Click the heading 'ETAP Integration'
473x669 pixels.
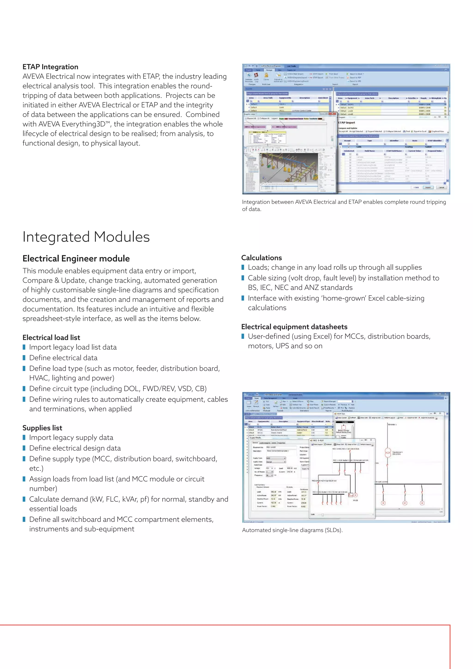coord(50,67)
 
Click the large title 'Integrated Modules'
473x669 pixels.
coord(86,237)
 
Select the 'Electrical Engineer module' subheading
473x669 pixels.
coord(76,258)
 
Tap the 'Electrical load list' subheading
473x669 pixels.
coord(51,338)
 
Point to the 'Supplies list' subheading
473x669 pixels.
coord(42,428)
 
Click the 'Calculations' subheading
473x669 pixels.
coord(261,258)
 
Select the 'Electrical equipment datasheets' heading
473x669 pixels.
coord(294,327)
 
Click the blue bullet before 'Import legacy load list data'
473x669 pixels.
coord(24,347)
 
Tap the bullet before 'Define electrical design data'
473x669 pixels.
coord(24,448)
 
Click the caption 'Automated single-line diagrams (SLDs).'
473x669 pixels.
coord(292,530)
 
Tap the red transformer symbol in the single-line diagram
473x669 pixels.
coord(388,452)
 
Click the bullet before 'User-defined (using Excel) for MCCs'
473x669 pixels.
coord(243,337)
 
